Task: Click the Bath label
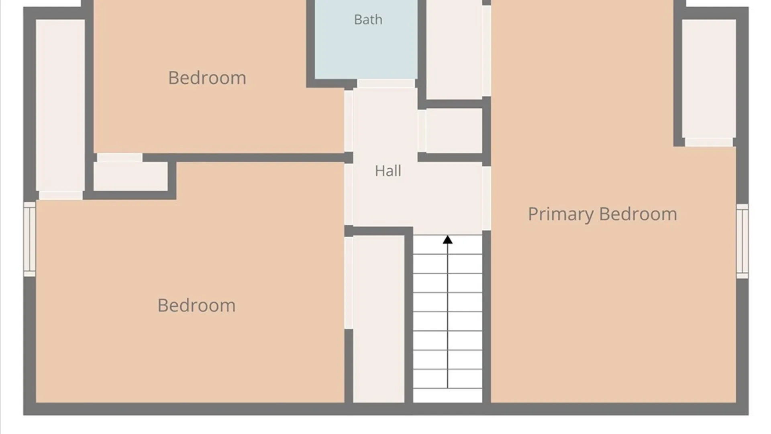pyautogui.click(x=368, y=19)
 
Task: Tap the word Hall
pyautogui.click(x=388, y=171)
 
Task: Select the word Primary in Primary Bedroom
pyautogui.click(x=561, y=215)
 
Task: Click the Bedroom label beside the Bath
pyautogui.click(x=207, y=78)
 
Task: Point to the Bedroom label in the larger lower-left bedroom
pyautogui.click(x=196, y=305)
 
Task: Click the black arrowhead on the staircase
pyautogui.click(x=448, y=240)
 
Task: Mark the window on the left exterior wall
pyautogui.click(x=29, y=239)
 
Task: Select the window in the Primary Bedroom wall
pyautogui.click(x=742, y=241)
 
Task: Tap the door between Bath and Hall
pyautogui.click(x=386, y=83)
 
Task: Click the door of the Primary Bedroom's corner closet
pyautogui.click(x=709, y=142)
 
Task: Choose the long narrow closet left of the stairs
pyautogui.click(x=379, y=319)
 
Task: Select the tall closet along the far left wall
pyautogui.click(x=60, y=105)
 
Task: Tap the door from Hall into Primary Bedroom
pyautogui.click(x=486, y=198)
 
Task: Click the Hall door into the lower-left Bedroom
pyautogui.click(x=349, y=194)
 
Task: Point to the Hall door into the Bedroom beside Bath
pyautogui.click(x=349, y=121)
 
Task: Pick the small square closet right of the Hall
pyautogui.click(x=454, y=131)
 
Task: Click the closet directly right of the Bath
pyautogui.click(x=454, y=49)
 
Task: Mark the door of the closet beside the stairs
pyautogui.click(x=349, y=283)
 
